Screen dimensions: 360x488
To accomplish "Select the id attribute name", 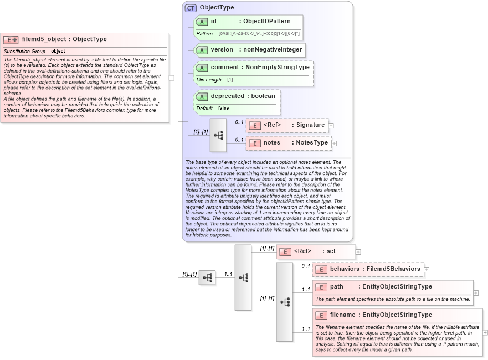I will coord(214,22).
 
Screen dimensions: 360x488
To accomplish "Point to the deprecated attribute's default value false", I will coord(223,109).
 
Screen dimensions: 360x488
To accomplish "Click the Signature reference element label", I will coord(310,125).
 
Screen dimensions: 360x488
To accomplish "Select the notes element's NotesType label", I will coord(312,143).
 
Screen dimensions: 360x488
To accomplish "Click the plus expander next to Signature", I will coord(331,126).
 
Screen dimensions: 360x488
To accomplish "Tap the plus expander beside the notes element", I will coord(334,143).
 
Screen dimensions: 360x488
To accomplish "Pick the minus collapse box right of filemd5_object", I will coord(172,78).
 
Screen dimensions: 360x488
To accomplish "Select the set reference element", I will coord(331,251).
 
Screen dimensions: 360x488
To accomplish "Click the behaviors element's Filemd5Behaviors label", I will coord(392,269).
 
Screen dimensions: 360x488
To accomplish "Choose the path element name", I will coord(337,287).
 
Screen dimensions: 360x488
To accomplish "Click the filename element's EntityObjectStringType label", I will coord(397,315).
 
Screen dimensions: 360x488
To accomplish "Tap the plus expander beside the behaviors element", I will coord(427,270).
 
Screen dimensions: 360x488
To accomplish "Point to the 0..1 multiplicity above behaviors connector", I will coord(306,266).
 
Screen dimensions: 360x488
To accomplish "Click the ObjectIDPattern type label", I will coord(267,22).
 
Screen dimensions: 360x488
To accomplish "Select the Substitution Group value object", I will coord(58,52).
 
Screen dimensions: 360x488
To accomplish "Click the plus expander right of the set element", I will coord(358,251).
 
